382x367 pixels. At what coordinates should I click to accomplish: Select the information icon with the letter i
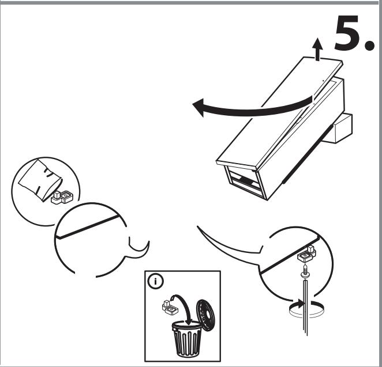pyautogui.click(x=156, y=281)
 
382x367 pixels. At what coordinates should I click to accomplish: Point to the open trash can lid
pyautogui.click(x=205, y=315)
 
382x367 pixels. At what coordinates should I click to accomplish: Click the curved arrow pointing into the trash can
pyautogui.click(x=184, y=307)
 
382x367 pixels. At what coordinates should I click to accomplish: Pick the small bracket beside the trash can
pyautogui.click(x=170, y=308)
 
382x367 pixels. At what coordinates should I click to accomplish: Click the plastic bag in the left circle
pyautogui.click(x=40, y=180)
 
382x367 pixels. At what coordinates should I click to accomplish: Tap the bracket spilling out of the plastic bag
pyautogui.click(x=62, y=198)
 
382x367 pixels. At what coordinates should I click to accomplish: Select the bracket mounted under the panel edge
pyautogui.click(x=307, y=254)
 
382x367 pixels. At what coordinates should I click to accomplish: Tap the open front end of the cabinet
pyautogui.click(x=245, y=181)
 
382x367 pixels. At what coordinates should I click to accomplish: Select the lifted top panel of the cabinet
pyautogui.click(x=280, y=113)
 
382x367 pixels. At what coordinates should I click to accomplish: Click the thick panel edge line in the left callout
pyautogui.click(x=88, y=226)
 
